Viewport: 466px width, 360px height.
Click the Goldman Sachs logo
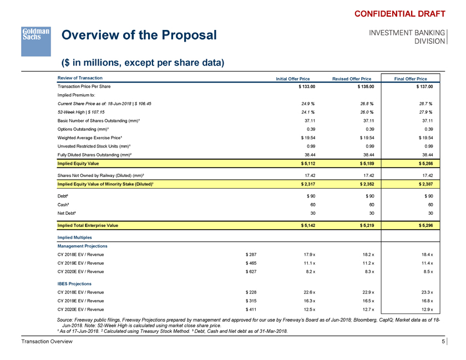click(x=36, y=40)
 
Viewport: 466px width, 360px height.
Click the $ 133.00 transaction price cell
click(x=307, y=87)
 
